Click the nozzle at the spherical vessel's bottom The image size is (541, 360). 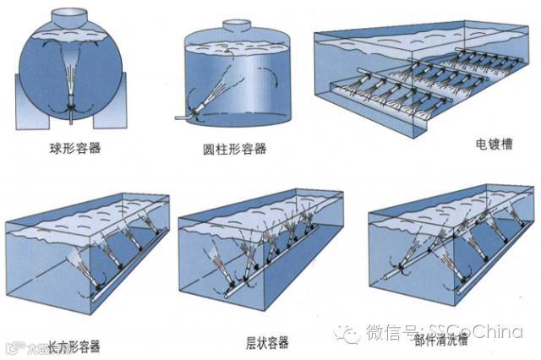pyautogui.click(x=74, y=108)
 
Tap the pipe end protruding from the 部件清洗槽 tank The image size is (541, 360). pyautogui.click(x=391, y=276)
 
